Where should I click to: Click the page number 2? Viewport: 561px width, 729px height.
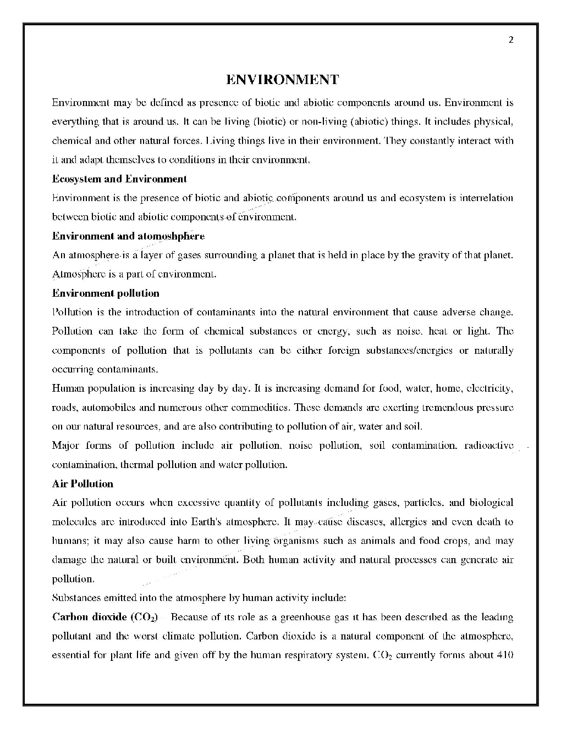pos(511,40)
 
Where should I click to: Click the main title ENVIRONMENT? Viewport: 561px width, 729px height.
pos(282,80)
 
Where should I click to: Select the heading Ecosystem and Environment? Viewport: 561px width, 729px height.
pos(119,179)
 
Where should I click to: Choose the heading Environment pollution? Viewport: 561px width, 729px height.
pos(106,293)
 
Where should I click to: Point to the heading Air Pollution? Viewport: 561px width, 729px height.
pos(82,484)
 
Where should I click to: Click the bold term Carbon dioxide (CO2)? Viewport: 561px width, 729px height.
pos(105,617)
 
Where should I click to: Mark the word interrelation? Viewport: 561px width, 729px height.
pos(486,198)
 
